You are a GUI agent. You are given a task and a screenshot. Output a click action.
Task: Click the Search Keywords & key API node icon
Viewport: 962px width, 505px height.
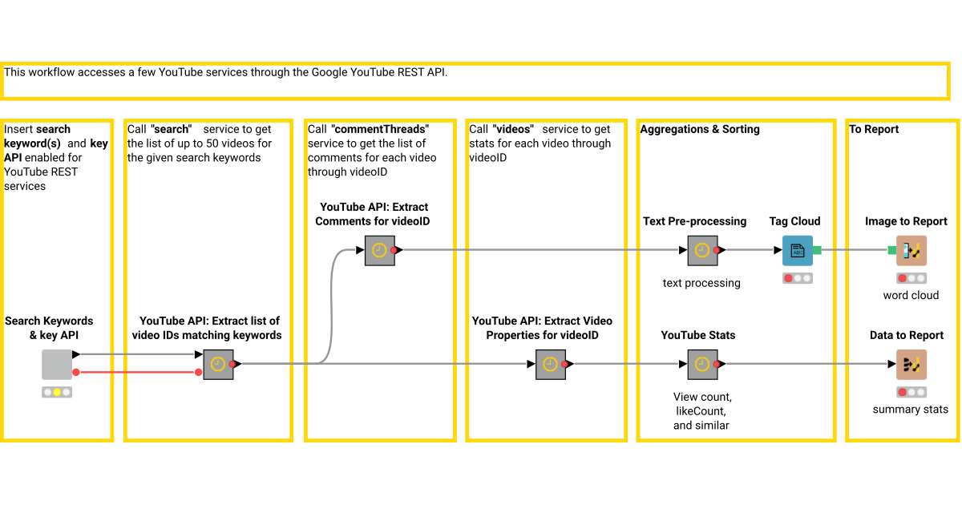(x=57, y=364)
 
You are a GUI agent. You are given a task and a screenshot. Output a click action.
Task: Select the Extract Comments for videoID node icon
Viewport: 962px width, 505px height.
(x=380, y=250)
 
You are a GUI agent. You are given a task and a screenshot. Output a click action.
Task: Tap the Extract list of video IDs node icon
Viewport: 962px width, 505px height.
(x=218, y=364)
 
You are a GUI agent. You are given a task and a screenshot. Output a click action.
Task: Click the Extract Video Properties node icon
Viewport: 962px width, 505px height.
(x=551, y=364)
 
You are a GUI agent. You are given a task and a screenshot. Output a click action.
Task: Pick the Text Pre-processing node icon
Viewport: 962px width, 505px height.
(x=702, y=250)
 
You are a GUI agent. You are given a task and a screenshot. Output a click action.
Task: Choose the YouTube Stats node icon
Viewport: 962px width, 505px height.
(x=702, y=364)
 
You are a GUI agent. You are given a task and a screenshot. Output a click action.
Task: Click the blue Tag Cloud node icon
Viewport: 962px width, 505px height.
(x=798, y=250)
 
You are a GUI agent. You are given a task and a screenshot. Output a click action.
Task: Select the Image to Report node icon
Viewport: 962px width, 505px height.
(x=911, y=250)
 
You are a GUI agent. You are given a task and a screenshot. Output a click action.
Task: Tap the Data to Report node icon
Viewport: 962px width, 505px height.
(x=911, y=364)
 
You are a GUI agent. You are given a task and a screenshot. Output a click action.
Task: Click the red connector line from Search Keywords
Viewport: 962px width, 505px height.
(x=136, y=372)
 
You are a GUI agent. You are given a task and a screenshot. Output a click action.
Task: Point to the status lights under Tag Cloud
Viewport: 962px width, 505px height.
(x=798, y=278)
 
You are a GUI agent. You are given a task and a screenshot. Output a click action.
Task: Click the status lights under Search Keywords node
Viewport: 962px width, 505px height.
(x=57, y=392)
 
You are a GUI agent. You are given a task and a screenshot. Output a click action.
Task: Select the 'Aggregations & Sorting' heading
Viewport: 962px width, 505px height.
(x=699, y=129)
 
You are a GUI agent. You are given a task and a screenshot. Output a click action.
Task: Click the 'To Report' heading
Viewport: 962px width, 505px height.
(x=874, y=129)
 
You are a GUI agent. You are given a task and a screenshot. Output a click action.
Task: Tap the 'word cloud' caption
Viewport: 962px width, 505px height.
(x=911, y=295)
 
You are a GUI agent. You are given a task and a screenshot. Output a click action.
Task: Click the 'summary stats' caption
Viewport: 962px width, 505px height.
(x=910, y=409)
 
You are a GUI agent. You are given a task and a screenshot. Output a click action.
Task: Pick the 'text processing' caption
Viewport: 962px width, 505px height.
(x=701, y=282)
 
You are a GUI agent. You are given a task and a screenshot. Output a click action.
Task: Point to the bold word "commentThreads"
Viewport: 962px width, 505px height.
(x=380, y=129)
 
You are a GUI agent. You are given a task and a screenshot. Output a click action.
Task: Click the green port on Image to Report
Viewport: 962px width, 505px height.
(x=891, y=250)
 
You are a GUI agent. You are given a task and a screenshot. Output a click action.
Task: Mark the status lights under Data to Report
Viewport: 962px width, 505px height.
(x=911, y=392)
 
